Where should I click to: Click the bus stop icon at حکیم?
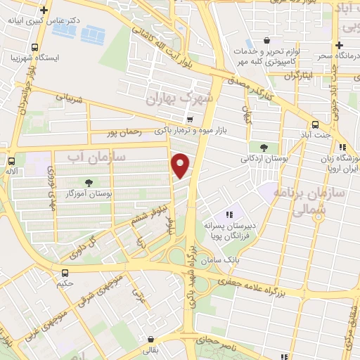point(65,273)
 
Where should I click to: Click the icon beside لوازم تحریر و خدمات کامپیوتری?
point(265,41)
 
